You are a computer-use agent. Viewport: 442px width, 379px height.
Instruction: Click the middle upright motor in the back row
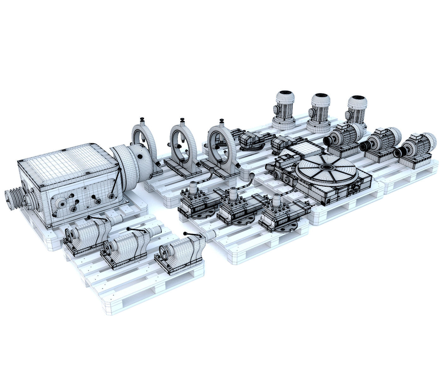(320, 112)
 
